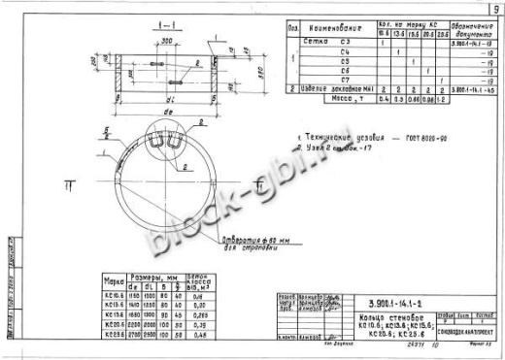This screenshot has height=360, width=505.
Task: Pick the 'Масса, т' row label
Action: pyautogui.click(x=347, y=98)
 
